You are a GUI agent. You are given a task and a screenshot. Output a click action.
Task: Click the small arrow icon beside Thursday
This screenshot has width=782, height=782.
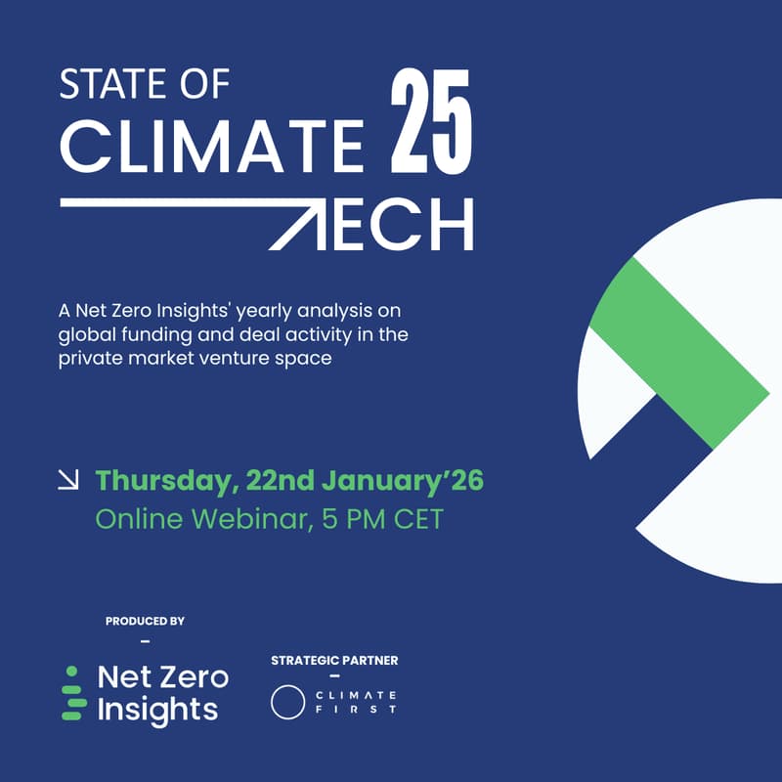click(68, 480)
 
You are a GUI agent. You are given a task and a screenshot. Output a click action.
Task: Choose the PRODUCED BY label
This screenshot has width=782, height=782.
click(145, 621)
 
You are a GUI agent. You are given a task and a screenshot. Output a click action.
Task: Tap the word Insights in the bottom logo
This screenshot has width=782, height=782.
click(157, 710)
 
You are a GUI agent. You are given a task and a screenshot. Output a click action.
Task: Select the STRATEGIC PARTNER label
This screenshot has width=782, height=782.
click(334, 661)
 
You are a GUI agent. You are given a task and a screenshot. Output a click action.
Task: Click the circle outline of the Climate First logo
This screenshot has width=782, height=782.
click(288, 702)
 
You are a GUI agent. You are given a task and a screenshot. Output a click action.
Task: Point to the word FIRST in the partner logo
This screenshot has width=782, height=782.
click(356, 710)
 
